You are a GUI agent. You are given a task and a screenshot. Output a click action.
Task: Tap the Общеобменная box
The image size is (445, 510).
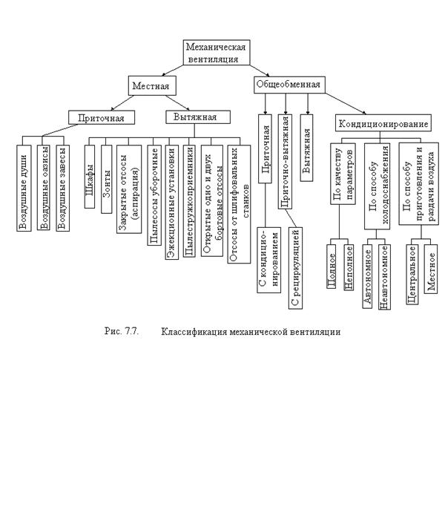tap(289, 85)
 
